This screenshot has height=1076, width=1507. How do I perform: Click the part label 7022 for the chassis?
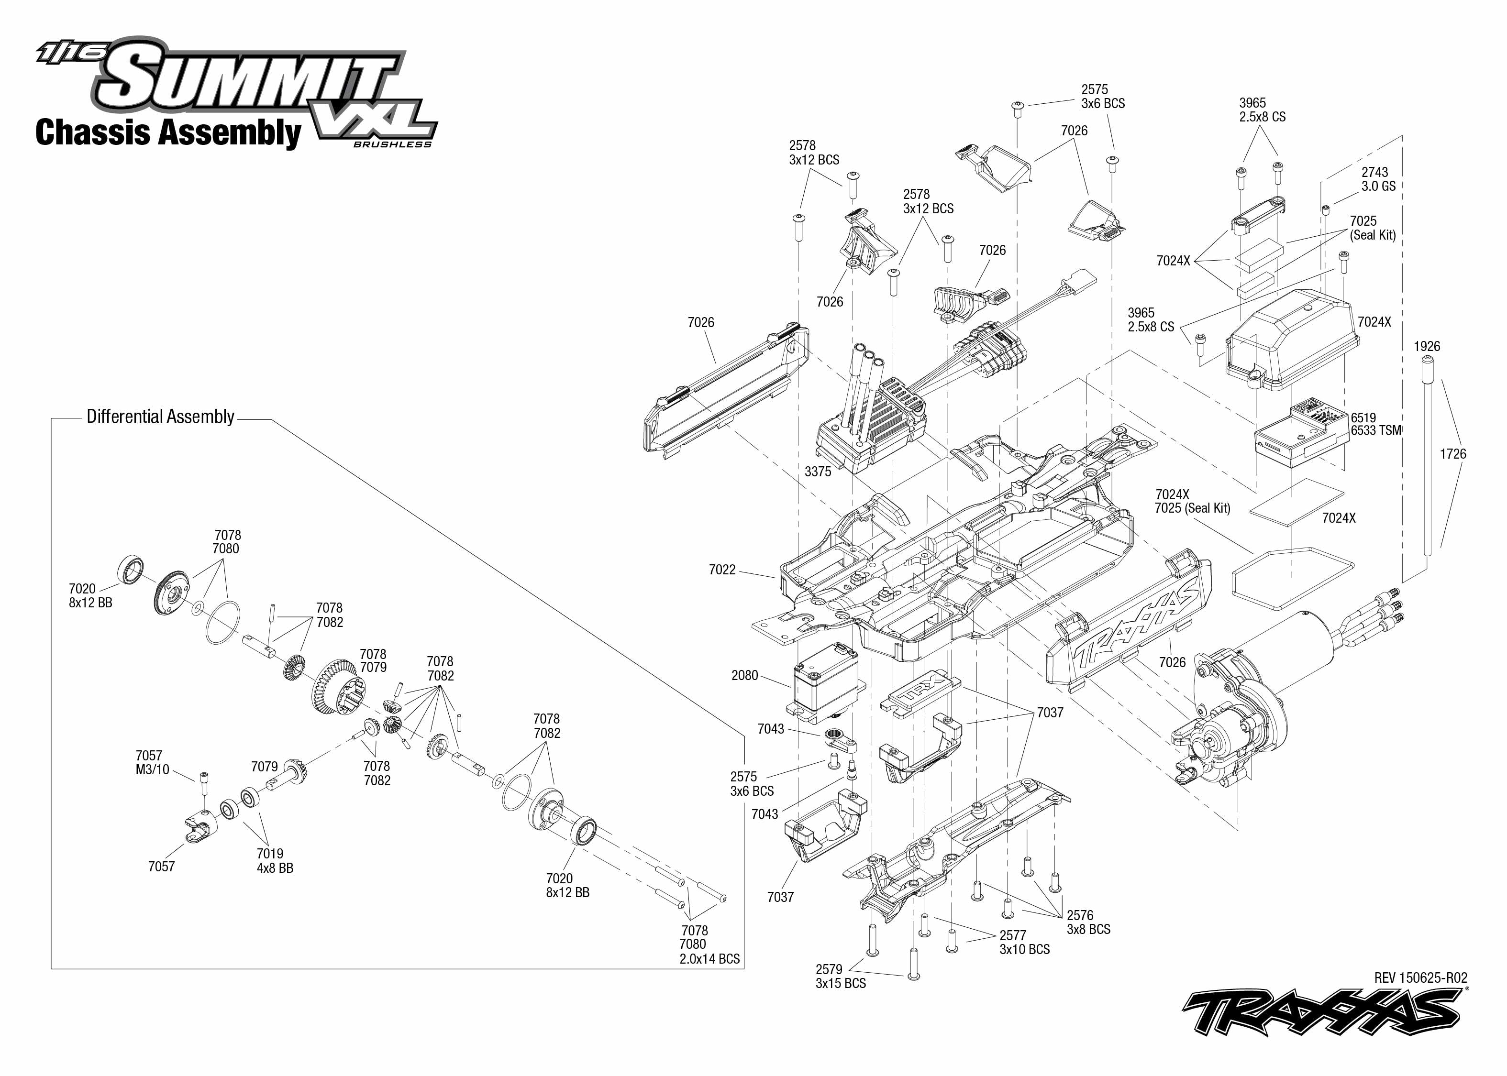[722, 570]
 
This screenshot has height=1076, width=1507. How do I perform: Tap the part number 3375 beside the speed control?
[817, 472]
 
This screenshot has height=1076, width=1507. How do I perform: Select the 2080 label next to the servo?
[744, 675]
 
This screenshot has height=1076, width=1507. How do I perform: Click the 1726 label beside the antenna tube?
[1452, 454]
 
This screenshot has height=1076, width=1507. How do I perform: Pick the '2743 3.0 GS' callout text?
[1378, 179]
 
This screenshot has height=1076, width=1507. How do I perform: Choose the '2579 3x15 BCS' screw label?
[840, 976]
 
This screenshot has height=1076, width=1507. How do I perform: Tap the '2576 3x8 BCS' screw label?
[1088, 922]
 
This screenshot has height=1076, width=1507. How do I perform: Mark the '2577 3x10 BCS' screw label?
[1025, 942]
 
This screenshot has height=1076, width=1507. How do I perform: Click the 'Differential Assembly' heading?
[160, 417]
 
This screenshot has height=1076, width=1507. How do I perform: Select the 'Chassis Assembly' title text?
[168, 132]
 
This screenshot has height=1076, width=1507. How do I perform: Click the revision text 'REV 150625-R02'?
[1420, 978]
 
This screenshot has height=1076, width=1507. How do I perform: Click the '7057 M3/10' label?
[153, 763]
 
